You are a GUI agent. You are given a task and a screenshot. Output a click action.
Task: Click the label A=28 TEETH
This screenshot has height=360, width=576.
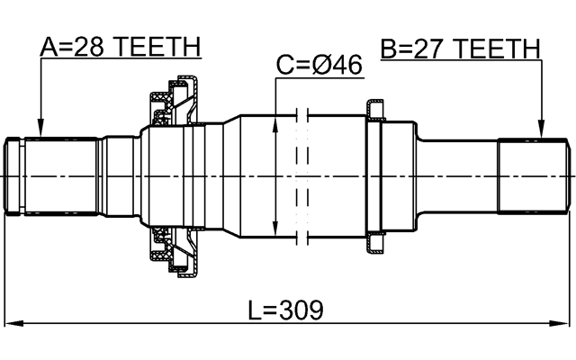(120, 47)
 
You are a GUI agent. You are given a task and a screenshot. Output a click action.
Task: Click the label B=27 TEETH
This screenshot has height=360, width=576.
(460, 47)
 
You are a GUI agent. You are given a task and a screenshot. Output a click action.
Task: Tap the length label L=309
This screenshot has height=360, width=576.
(285, 310)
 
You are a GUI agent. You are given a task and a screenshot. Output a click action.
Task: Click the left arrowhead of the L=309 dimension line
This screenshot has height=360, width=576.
(11, 323)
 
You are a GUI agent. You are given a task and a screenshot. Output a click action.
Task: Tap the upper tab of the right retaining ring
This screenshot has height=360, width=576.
(373, 110)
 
